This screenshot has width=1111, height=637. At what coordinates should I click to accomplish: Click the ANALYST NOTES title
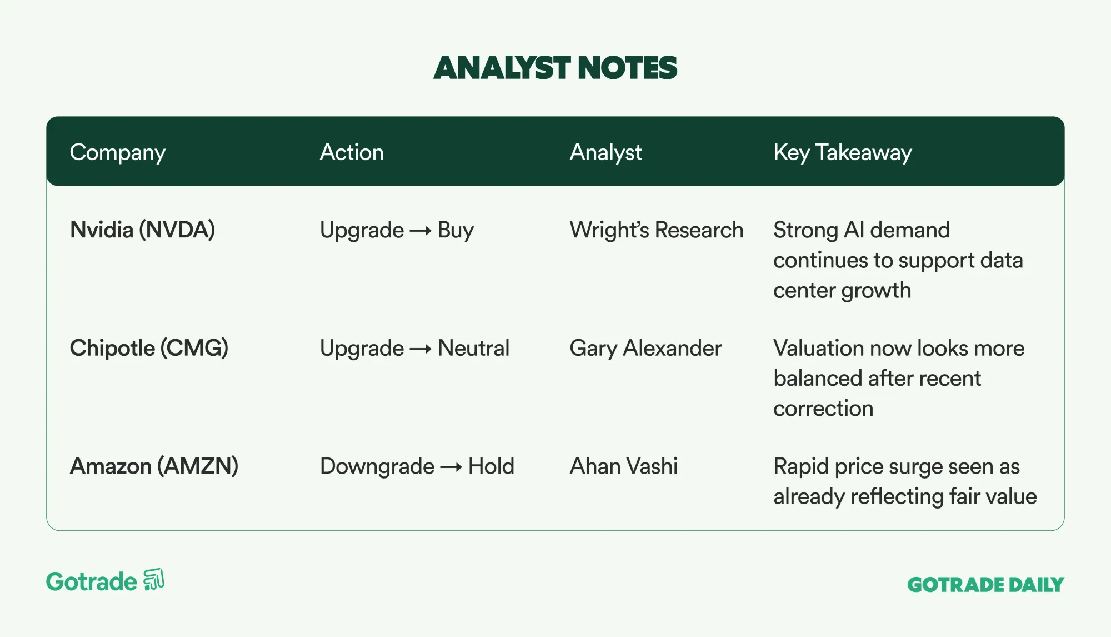[x=555, y=68]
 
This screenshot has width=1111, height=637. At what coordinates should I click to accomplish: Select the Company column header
[x=118, y=153]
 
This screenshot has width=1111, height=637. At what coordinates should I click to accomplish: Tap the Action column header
[x=352, y=152]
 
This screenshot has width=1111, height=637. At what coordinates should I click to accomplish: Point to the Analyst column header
[x=605, y=153]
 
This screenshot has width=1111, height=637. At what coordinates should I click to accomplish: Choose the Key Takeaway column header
[x=843, y=153]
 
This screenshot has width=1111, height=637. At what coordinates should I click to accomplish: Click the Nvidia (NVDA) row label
[x=142, y=230]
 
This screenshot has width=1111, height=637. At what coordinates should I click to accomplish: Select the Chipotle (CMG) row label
[x=149, y=349]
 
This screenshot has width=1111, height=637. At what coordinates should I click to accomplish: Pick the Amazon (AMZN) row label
[x=154, y=466]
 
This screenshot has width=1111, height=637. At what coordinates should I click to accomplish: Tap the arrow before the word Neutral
[x=421, y=349]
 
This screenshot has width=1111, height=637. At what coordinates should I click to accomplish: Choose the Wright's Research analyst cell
[x=657, y=230]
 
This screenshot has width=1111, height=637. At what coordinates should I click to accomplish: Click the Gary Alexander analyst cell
[x=646, y=349]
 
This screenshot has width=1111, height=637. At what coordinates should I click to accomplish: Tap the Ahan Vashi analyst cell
[x=624, y=466]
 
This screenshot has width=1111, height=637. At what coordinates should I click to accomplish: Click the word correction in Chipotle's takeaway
[x=823, y=409]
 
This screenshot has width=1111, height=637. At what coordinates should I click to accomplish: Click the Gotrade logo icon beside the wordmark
[x=154, y=580]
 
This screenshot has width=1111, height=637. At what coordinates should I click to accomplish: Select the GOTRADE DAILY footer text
[x=985, y=585]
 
